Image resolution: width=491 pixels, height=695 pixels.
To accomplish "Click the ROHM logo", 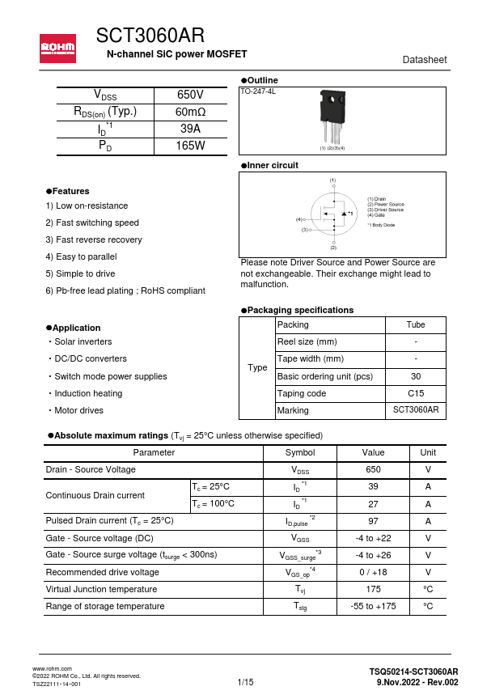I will [58, 49].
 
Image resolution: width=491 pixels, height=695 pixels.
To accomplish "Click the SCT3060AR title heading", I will [150, 36].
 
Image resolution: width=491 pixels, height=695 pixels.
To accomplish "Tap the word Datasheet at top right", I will [424, 61].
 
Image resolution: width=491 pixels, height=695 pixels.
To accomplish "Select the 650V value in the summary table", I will [190, 95].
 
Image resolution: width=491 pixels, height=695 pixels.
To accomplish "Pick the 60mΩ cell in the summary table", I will [190, 112].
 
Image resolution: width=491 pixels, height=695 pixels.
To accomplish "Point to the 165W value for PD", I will [190, 146].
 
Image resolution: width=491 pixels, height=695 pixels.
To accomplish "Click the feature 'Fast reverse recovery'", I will [94, 239].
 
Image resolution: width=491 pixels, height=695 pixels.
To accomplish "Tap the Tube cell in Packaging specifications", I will [416, 324].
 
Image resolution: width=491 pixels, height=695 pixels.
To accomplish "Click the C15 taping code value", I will [416, 393].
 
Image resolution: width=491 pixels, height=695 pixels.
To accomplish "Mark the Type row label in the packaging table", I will [257, 367].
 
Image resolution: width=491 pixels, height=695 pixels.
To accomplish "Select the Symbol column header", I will [300, 452].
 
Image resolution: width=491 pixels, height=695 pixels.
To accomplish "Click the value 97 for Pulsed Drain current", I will [373, 521].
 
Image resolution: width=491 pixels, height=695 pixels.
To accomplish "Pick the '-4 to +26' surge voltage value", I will [373, 555].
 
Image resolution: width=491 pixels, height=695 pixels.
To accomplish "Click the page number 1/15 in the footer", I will [245, 683].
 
